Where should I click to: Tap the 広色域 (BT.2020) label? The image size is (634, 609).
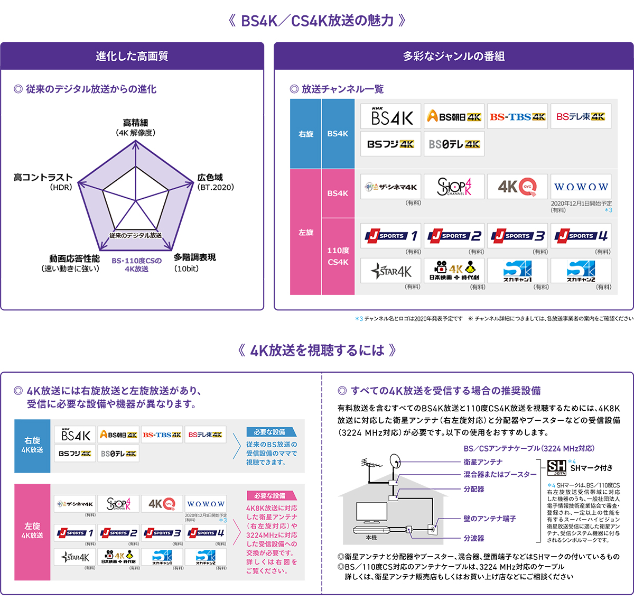coord(215,182)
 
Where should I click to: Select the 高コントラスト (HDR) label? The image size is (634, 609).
coord(43,182)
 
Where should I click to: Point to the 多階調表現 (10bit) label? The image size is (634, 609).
coord(194,262)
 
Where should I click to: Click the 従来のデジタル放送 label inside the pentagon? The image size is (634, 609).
coord(135,235)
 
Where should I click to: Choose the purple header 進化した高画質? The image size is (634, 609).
coord(132,56)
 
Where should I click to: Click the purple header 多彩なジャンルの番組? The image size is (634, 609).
coord(454,56)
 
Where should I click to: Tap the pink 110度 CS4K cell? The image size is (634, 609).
coord(338,256)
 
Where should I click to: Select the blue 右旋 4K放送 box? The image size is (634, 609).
coord(32,445)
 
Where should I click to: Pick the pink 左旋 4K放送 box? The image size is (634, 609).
coord(32,531)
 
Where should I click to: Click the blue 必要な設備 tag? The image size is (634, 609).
coord(270,432)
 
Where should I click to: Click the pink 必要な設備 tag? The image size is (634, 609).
coord(270,496)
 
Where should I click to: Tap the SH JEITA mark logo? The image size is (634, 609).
coord(556,467)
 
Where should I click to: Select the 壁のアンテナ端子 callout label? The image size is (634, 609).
coord(490,519)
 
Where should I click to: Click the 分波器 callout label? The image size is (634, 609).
coord(474,538)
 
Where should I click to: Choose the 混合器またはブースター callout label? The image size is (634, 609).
coord(500,474)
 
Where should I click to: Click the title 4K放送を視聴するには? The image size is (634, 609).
coord(317,350)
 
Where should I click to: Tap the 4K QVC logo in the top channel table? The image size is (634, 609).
coord(517,187)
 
